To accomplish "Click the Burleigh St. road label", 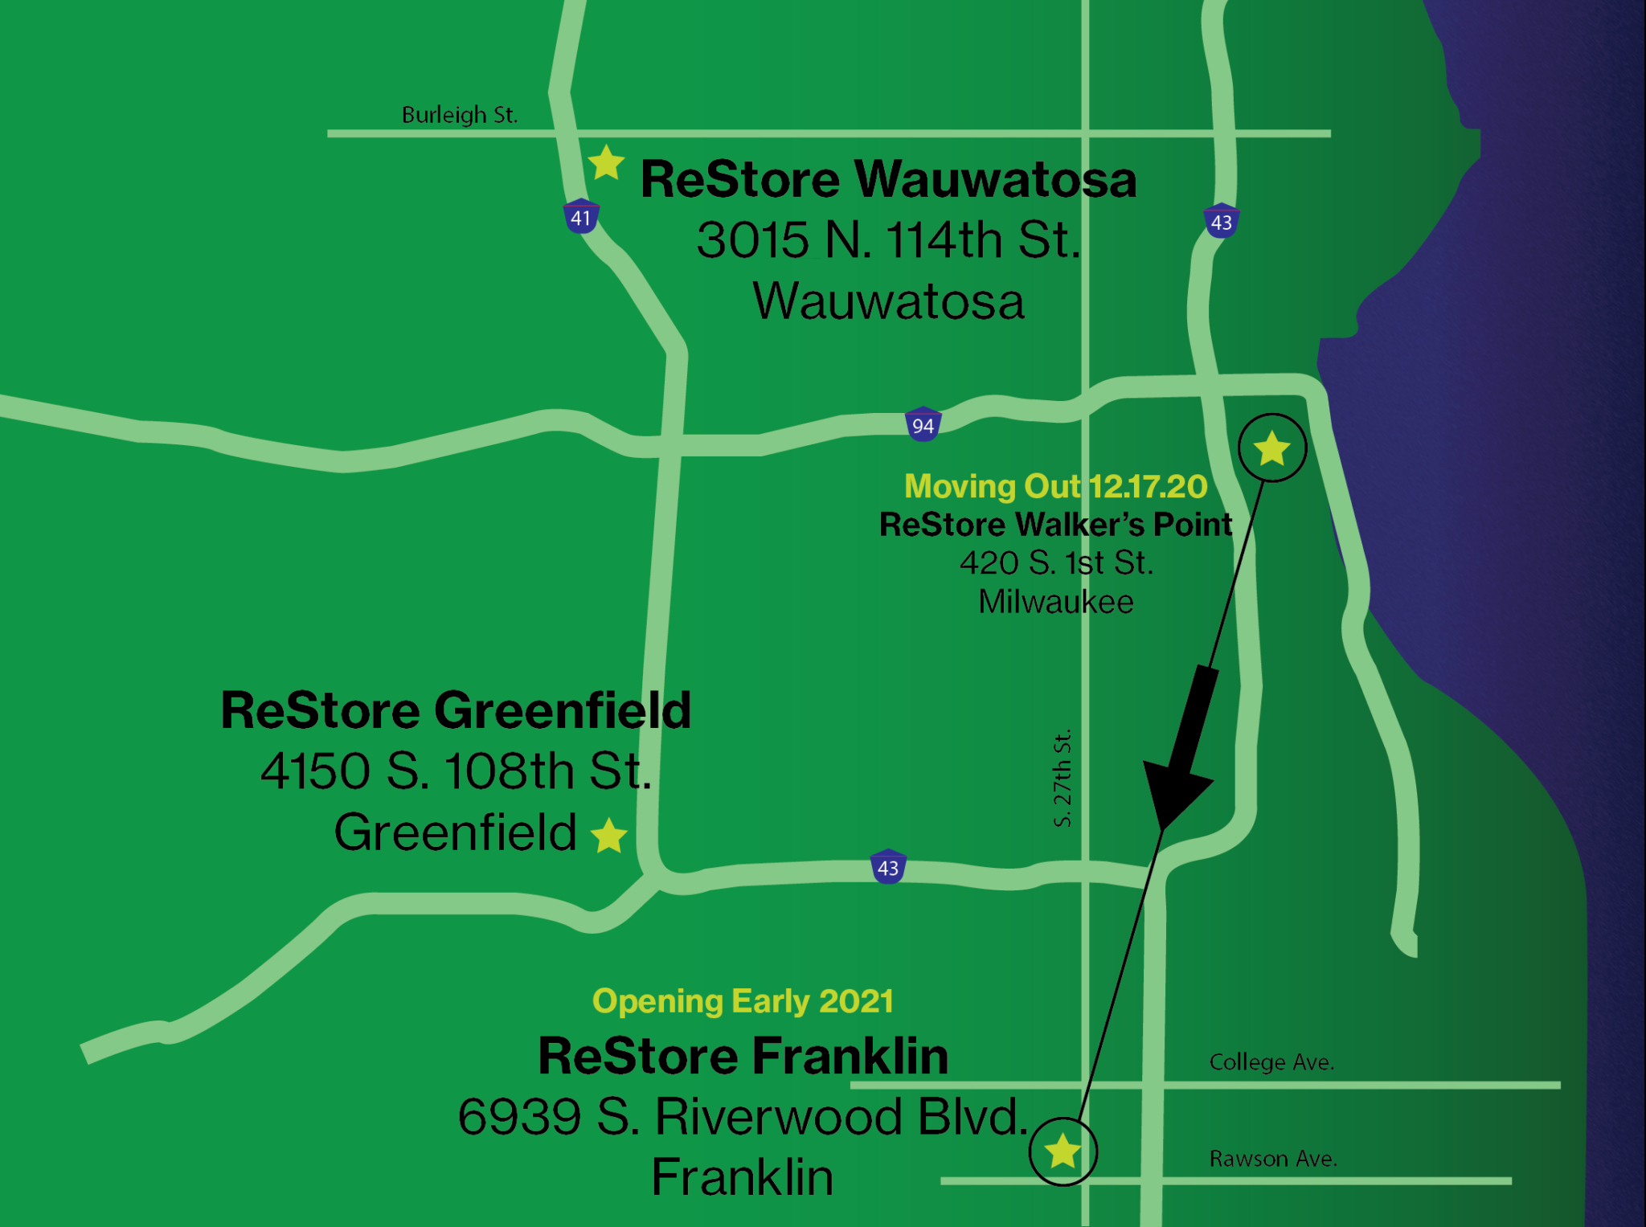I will [x=459, y=115].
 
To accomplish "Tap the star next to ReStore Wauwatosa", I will [x=606, y=163].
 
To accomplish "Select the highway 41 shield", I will [x=581, y=217].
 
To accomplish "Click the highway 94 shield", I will [x=923, y=425].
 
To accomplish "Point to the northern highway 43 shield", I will [x=1221, y=222].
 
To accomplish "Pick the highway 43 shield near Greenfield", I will [x=888, y=867].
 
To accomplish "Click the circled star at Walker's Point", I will [x=1271, y=448].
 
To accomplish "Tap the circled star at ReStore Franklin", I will [x=1063, y=1151].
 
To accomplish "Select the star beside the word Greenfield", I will [x=609, y=835].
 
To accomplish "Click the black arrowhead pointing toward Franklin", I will [x=1175, y=787].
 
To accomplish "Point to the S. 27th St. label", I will [x=1063, y=778].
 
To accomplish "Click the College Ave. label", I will [x=1271, y=1062].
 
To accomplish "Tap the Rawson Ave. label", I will [x=1273, y=1159].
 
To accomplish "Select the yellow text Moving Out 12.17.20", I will [x=1055, y=486].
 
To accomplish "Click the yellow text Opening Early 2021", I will [x=743, y=1001].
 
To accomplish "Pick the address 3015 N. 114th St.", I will [x=888, y=240].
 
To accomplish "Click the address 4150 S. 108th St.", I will [x=456, y=771].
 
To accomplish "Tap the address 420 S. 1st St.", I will [x=1056, y=563].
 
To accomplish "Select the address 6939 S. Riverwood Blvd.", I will [x=743, y=1117].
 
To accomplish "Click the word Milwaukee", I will [x=1056, y=602].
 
